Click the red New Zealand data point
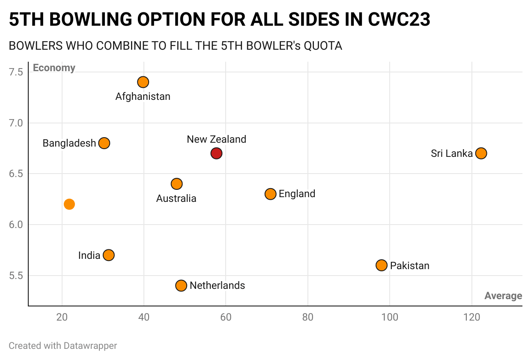(216, 153)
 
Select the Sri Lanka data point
(481, 153)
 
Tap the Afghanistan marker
(143, 82)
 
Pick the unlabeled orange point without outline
(69, 204)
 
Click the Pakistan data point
(382, 265)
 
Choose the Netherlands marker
(181, 285)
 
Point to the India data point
(109, 255)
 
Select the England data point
(270, 194)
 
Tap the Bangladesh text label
(69, 143)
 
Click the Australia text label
(176, 198)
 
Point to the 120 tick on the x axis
(471, 318)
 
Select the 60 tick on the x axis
(226, 318)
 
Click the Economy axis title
(54, 68)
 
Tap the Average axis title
(503, 296)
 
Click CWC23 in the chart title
(399, 20)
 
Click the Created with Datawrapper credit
(63, 345)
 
